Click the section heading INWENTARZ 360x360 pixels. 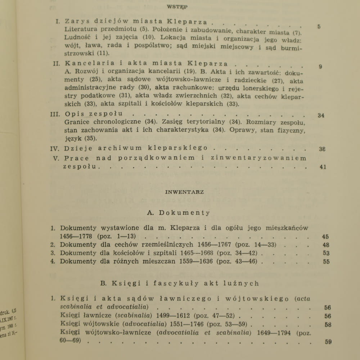coord(184,192)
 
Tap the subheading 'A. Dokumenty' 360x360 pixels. coord(179,213)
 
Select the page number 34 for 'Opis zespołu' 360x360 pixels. coord(321,116)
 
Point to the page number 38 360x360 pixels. coord(322,149)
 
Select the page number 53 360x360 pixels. coord(326,253)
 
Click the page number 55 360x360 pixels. coord(326,262)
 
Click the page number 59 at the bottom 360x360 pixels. coord(328,342)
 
